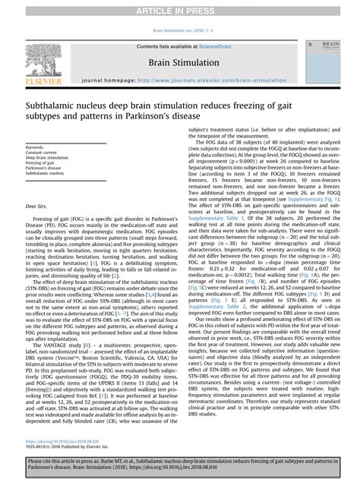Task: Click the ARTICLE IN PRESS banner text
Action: coord(180,8)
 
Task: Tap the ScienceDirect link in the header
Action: coord(215,46)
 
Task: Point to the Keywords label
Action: coord(35,147)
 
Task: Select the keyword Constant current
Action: coord(43,153)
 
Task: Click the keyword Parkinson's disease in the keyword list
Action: coord(44,168)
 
